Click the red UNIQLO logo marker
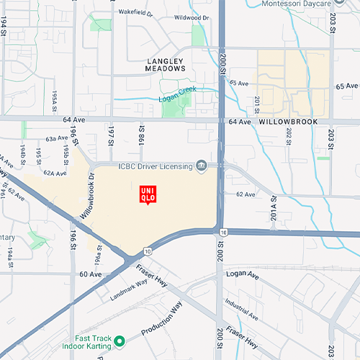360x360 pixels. click(148, 193)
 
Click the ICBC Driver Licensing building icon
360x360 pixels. click(202, 167)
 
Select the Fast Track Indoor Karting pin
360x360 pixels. click(120, 340)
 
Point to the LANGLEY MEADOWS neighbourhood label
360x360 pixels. click(166, 65)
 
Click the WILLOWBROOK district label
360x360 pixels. click(288, 122)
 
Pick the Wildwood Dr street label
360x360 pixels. click(191, 17)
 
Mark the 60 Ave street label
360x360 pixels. click(91, 274)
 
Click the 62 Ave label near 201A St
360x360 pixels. click(246, 194)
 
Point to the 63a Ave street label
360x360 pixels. click(55, 138)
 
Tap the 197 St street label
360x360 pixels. click(112, 134)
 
